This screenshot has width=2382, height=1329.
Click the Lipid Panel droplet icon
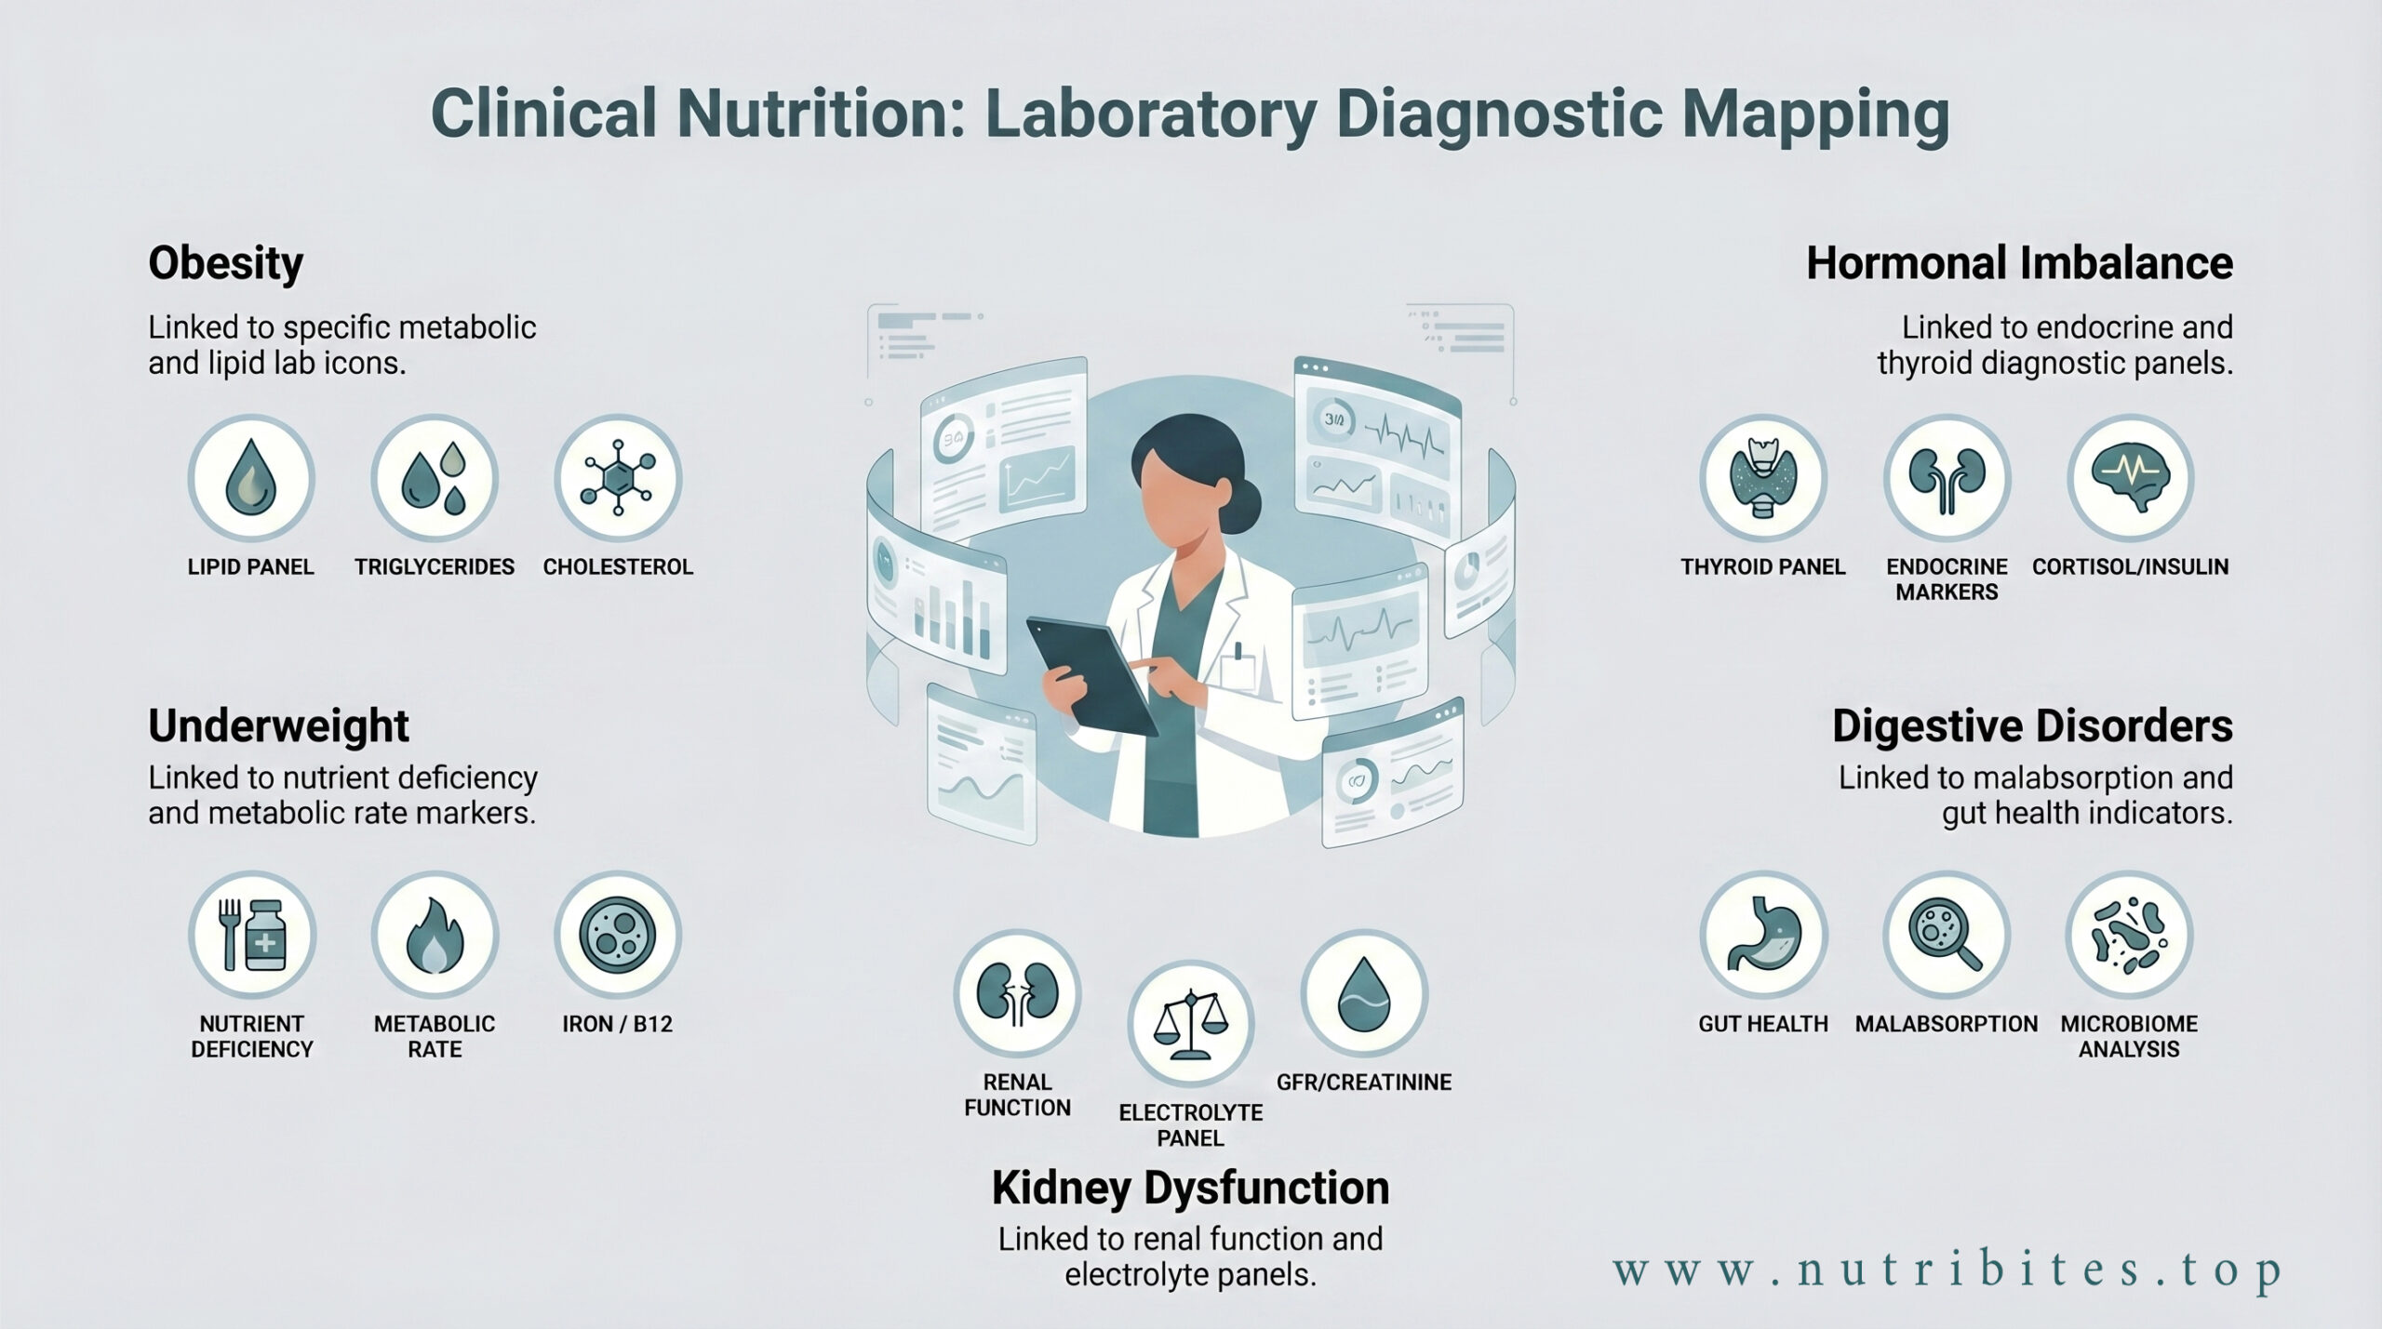(x=250, y=478)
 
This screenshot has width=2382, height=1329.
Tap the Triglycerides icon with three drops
(x=435, y=478)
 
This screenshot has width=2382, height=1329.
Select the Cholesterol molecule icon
(x=618, y=478)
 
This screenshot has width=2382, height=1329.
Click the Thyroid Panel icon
(x=1763, y=478)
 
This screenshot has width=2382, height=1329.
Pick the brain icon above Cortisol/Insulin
(x=2131, y=478)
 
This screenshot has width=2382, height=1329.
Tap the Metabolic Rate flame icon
(x=435, y=935)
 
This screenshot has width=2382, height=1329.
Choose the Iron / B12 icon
(x=618, y=935)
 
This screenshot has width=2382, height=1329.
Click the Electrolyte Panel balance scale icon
(x=1191, y=1024)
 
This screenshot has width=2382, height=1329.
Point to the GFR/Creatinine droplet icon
(x=1364, y=993)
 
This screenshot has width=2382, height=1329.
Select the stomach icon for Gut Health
(x=1763, y=935)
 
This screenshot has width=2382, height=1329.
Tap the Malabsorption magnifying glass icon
(x=1947, y=935)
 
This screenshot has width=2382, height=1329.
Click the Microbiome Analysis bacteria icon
(x=2130, y=935)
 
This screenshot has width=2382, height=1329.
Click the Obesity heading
(x=226, y=264)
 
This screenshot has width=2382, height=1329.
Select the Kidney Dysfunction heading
(x=1191, y=1189)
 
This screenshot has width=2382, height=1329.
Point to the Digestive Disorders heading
(x=2032, y=726)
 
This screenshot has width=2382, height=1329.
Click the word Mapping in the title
(x=1816, y=115)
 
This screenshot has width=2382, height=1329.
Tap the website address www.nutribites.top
(x=1947, y=1271)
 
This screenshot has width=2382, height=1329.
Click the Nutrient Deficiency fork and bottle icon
(x=252, y=935)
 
